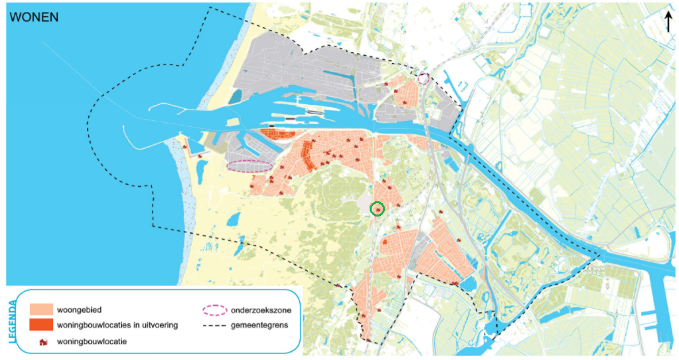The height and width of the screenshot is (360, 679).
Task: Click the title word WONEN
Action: pyautogui.click(x=33, y=17)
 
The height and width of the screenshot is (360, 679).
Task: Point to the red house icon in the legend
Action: pyautogui.click(x=44, y=341)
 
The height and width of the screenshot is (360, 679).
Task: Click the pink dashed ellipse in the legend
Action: pyautogui.click(x=214, y=310)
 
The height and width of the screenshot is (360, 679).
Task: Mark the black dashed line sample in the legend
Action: pyautogui.click(x=214, y=325)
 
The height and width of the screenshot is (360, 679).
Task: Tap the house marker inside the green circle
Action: pyautogui.click(x=377, y=209)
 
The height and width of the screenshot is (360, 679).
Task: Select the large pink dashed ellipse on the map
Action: pyautogui.click(x=250, y=166)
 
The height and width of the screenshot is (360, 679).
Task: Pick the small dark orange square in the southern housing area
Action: pyautogui.click(x=385, y=242)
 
